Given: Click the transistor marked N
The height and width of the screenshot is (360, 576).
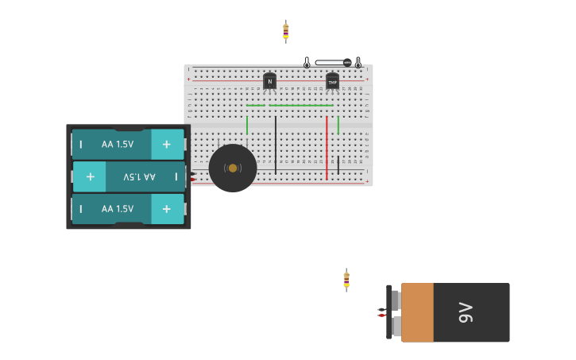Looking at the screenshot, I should (269, 81).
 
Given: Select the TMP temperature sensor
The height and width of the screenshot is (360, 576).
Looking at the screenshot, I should (332, 81).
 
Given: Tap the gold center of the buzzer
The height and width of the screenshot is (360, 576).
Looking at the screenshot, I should (233, 168).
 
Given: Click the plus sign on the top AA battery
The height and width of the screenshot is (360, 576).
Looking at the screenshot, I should (166, 144).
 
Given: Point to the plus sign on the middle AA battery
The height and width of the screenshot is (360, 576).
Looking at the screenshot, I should (90, 176).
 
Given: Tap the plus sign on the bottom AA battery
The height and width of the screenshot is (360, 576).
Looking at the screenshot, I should (166, 208).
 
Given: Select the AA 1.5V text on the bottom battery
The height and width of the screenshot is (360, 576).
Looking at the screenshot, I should (118, 208).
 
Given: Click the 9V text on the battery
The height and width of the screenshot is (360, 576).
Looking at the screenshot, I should (466, 312).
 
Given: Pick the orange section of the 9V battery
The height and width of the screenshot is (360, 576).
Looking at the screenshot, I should (417, 312).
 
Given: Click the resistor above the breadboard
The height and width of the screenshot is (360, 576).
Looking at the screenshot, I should (286, 31).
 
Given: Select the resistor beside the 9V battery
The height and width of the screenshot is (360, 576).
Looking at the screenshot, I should (346, 279).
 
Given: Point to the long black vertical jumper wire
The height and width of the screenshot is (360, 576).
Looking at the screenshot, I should (276, 145).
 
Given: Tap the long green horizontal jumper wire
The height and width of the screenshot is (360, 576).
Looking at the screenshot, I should (301, 105).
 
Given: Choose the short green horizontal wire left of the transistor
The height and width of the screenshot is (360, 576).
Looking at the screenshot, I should (255, 105).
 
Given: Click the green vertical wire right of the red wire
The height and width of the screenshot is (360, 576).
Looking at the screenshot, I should (338, 125).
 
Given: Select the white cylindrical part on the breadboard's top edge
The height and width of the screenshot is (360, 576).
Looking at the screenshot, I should (331, 62).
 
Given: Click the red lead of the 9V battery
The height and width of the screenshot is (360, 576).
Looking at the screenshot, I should (382, 315).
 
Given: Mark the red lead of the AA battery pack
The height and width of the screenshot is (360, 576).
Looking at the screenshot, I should (193, 180).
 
